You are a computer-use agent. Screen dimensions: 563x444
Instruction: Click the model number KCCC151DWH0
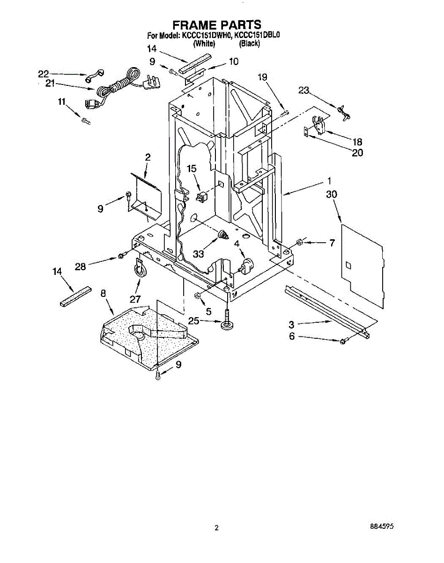[206, 35]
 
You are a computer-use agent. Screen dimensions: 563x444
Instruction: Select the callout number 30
[332, 194]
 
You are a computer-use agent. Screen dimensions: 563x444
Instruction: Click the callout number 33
[199, 254]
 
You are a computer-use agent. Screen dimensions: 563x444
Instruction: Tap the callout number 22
[44, 74]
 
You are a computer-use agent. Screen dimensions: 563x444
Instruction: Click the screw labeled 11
[86, 121]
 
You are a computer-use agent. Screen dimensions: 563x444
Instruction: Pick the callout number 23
[304, 91]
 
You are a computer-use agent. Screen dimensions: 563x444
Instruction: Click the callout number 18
[357, 141]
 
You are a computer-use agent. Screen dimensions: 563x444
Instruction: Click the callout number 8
[104, 293]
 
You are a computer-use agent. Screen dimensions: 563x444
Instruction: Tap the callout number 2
[148, 158]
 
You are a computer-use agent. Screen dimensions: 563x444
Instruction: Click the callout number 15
[192, 168]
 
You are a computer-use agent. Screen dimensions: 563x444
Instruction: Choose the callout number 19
[262, 77]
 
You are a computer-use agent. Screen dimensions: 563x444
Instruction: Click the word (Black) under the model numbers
[249, 44]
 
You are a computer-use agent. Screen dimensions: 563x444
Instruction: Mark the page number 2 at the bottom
[216, 527]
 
